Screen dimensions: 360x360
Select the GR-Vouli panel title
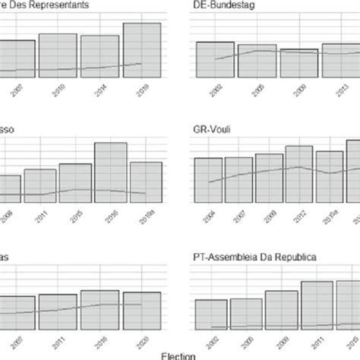(x=215, y=128)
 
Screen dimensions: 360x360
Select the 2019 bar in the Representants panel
(x=142, y=50)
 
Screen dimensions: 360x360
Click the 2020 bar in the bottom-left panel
(x=141, y=309)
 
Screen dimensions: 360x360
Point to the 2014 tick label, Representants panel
(x=102, y=88)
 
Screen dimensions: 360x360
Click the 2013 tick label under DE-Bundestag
(x=336, y=89)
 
